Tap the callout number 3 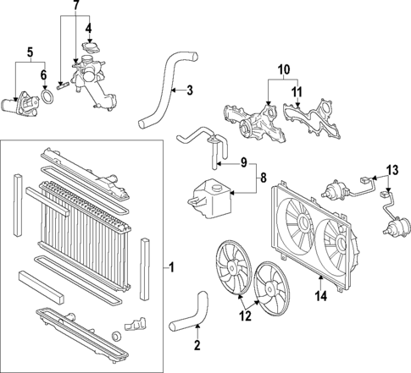tap(190, 90)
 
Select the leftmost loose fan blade tap(230, 268)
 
